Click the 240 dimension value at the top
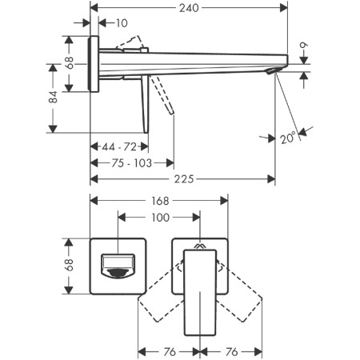point(189,8)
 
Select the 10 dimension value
point(122,23)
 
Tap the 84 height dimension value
point(53,97)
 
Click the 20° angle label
point(288,138)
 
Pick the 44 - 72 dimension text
point(119,146)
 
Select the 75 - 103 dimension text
point(131,163)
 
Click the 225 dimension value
point(184,179)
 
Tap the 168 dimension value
point(160,201)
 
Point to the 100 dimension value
point(160,218)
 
